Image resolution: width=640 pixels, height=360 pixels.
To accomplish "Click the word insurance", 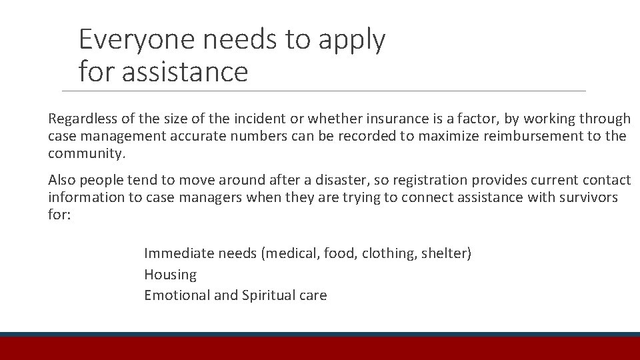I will (396, 119).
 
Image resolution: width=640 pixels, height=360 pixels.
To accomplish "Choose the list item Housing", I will (170, 275).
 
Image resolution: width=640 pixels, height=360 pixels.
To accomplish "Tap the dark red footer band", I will (320, 349).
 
